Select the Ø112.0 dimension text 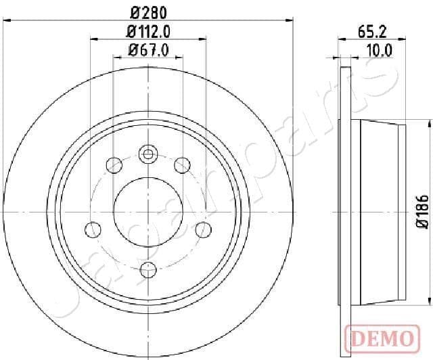point(147,31)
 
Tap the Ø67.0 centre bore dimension point(147,48)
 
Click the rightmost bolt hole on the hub point(202,230)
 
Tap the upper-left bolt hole point(114,164)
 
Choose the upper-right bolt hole point(181,164)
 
